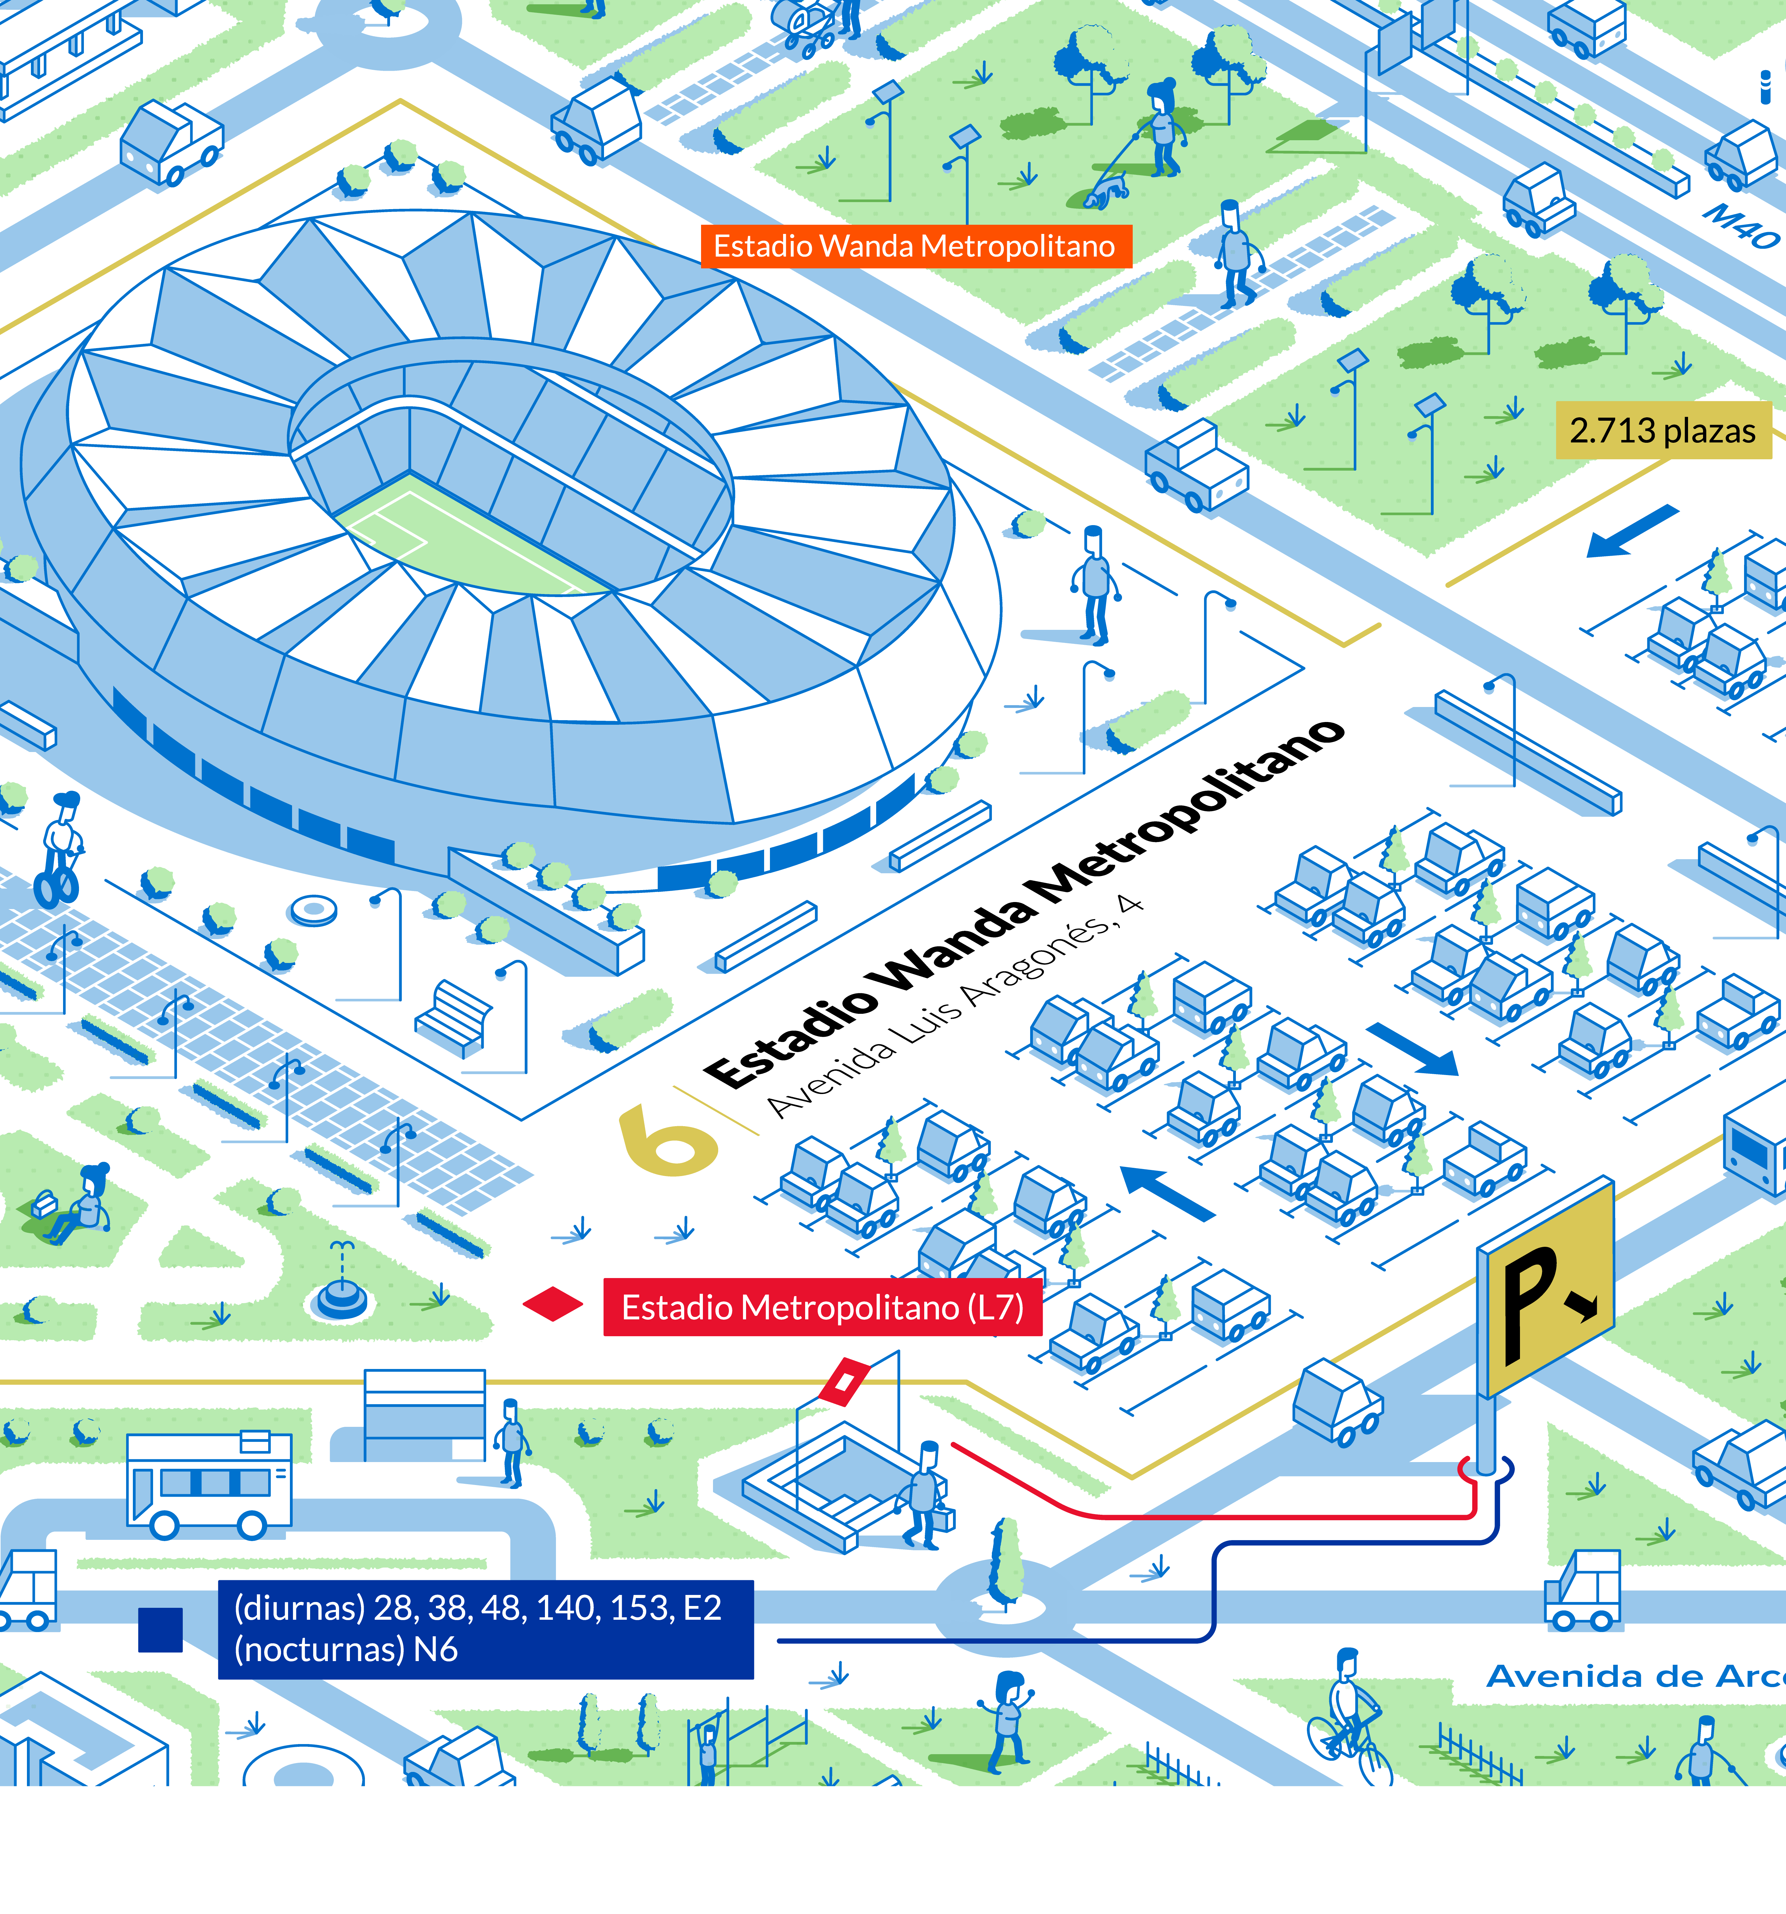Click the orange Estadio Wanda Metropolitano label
pyautogui.click(x=915, y=246)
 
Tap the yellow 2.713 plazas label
pyautogui.click(x=1663, y=431)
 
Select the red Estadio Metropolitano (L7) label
pyautogui.click(x=822, y=1307)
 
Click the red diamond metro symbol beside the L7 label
pyautogui.click(x=553, y=1305)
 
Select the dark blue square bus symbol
pyautogui.click(x=160, y=1630)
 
